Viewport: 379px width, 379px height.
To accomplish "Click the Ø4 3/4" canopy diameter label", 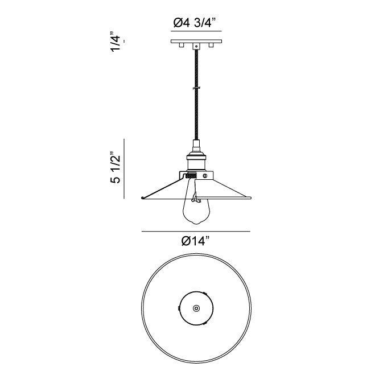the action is click(194, 23).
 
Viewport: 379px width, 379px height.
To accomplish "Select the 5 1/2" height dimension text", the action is click(116, 167).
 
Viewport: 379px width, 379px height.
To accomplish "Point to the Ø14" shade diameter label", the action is click(195, 241).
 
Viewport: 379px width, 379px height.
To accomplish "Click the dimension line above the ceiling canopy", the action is click(196, 31).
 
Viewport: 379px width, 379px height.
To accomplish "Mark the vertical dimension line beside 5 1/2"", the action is click(124, 168).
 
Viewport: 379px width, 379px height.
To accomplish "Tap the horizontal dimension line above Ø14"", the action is click(196, 232).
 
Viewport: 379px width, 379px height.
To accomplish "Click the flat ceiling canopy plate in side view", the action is click(196, 42).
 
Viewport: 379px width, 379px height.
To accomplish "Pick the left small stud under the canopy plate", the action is click(181, 45).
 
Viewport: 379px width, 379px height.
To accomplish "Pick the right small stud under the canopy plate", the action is click(211, 45).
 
